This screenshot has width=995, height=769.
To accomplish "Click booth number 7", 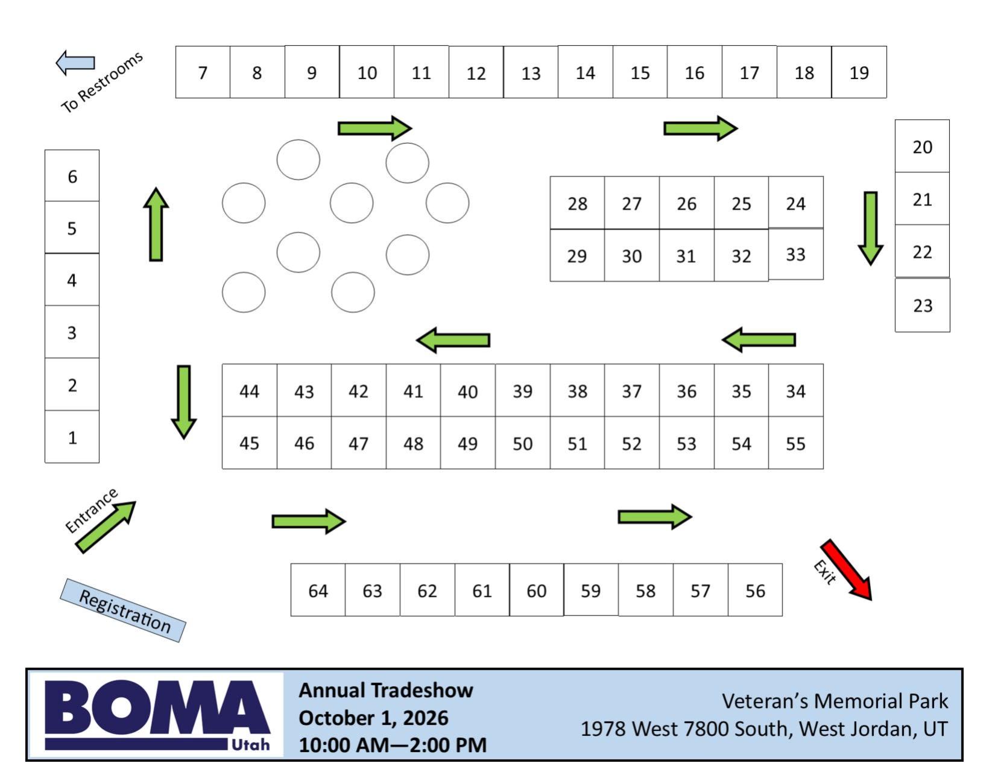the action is (x=203, y=72).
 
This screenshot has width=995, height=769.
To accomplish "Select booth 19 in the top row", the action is (x=859, y=72).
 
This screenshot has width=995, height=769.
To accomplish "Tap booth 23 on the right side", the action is (x=922, y=305).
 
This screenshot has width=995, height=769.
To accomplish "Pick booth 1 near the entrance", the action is (x=72, y=437).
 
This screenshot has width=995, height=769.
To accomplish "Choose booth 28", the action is (x=577, y=203).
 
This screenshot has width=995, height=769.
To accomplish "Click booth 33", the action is (x=795, y=255).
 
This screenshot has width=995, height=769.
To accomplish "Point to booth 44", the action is (x=249, y=391).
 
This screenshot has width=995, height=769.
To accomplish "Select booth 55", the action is (x=795, y=443).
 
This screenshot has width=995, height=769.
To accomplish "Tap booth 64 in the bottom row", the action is (x=318, y=590).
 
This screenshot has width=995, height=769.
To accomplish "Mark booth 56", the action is (x=755, y=590).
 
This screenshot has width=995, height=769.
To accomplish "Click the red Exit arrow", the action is (x=847, y=570).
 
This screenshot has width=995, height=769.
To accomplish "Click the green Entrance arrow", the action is (x=106, y=527).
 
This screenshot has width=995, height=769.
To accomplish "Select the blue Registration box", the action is (x=123, y=610).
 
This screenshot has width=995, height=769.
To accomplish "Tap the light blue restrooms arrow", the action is (x=75, y=62).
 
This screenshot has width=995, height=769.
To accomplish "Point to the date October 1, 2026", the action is (x=373, y=718).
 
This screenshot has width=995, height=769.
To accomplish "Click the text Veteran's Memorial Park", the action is (x=835, y=701).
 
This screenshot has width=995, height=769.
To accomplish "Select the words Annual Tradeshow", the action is (x=386, y=690).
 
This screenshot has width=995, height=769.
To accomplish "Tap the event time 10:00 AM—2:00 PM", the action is (x=393, y=745).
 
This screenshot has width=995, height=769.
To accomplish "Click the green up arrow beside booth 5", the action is (x=156, y=224).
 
